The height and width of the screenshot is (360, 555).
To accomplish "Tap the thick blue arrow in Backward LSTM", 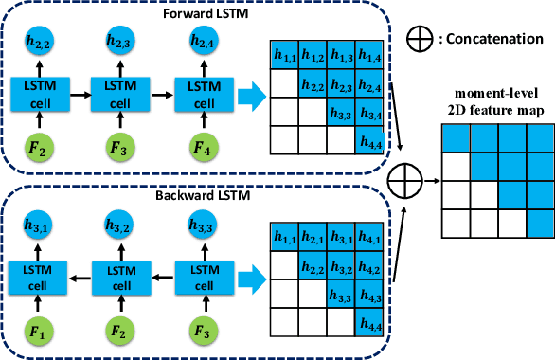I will (x=250, y=275).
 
